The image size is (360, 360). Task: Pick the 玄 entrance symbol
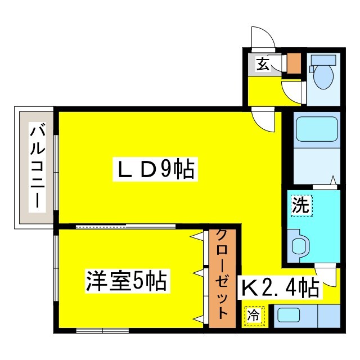click(262, 64)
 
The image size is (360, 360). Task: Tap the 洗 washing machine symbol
click(300, 205)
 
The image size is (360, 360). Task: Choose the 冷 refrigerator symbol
click(254, 316)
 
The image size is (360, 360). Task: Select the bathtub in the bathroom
click(316, 129)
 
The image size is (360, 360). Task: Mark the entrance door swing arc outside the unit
click(262, 38)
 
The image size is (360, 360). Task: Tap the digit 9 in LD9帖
click(166, 169)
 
